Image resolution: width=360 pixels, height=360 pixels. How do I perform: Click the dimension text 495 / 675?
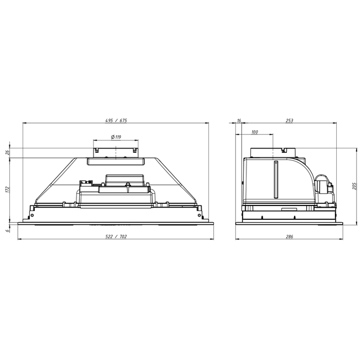(116, 121)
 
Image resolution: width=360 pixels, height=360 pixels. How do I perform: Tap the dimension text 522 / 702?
(116, 236)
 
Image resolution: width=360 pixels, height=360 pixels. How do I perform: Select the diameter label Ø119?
(116, 137)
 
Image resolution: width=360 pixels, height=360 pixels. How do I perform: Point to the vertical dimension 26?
(8, 152)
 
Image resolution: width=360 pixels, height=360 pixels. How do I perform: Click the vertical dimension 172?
(8, 189)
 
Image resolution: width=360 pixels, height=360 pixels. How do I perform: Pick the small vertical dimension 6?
(8, 230)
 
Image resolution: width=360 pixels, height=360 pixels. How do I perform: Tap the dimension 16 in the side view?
(239, 121)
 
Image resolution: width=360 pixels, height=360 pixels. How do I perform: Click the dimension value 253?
(290, 121)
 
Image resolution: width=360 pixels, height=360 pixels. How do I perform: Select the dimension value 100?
(255, 132)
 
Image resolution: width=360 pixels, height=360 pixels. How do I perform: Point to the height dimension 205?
(354, 186)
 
